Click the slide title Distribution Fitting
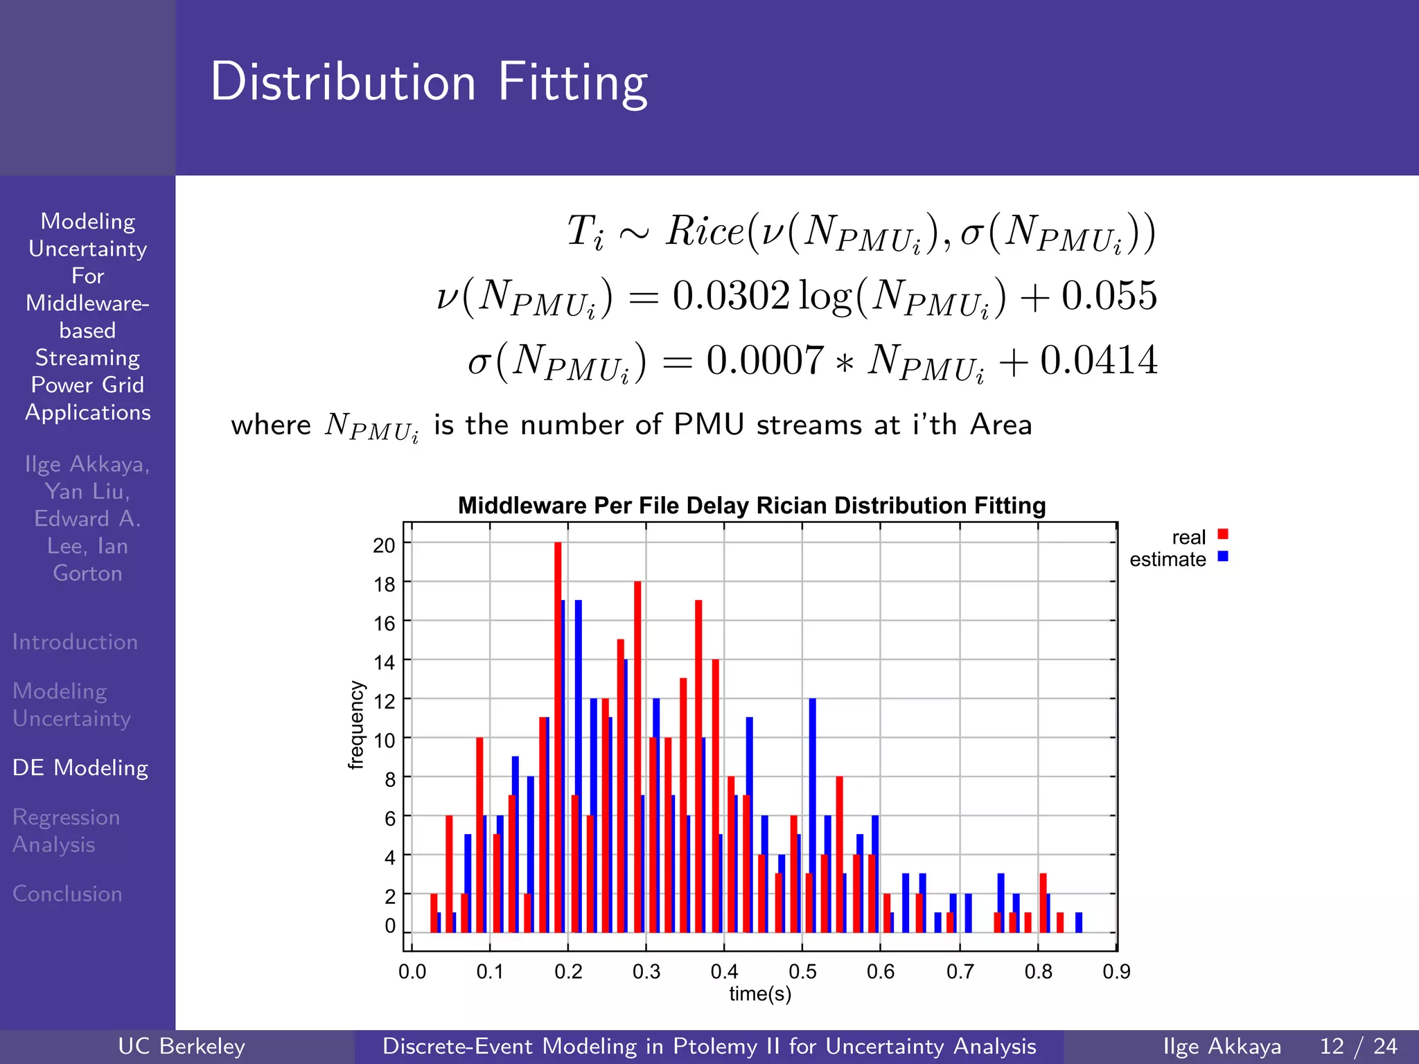pos(428,82)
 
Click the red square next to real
pos(1223,534)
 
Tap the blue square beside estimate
pos(1223,556)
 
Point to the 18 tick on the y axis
pos(384,584)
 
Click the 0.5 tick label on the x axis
pos(802,972)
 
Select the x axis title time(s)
pos(760,994)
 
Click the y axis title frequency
pos(355,725)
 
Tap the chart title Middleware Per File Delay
pos(752,505)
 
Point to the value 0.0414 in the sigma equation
pos(1098,360)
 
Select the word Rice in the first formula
pos(705,231)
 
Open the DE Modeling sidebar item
pos(80,768)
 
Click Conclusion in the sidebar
pos(67,894)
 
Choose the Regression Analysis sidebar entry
pos(66,831)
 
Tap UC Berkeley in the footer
pos(182,1046)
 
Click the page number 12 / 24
pos(1358,1046)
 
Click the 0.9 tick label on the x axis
pos(1116,972)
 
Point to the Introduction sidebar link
pos(75,641)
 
